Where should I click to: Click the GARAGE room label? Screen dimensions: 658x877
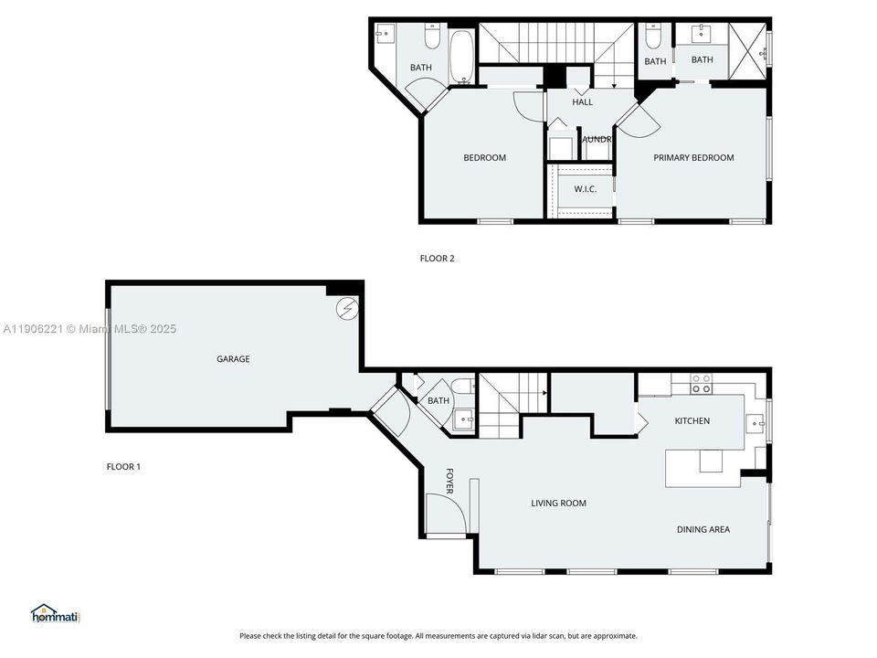[233, 359]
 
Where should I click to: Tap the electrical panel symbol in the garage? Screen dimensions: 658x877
[347, 309]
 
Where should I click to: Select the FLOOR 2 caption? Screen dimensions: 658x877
[437, 259]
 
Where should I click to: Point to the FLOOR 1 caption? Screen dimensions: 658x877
[123, 467]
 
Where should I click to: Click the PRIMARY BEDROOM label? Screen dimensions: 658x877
[693, 158]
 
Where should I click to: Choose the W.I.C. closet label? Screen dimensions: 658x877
[585, 189]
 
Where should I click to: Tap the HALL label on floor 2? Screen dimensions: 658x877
[582, 102]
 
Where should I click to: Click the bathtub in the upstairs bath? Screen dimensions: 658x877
[461, 57]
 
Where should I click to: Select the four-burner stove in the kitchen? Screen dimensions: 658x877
[701, 384]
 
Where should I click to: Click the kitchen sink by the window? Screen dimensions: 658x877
[756, 422]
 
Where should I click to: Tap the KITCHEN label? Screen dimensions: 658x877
[692, 421]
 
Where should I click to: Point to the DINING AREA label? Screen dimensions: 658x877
[703, 530]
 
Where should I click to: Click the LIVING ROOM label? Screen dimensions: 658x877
[559, 504]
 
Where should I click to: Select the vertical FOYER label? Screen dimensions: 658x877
[449, 482]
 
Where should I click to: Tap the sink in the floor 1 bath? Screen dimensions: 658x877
[463, 419]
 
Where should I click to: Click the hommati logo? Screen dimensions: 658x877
[57, 613]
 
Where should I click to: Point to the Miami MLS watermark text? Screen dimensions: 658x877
[90, 329]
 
